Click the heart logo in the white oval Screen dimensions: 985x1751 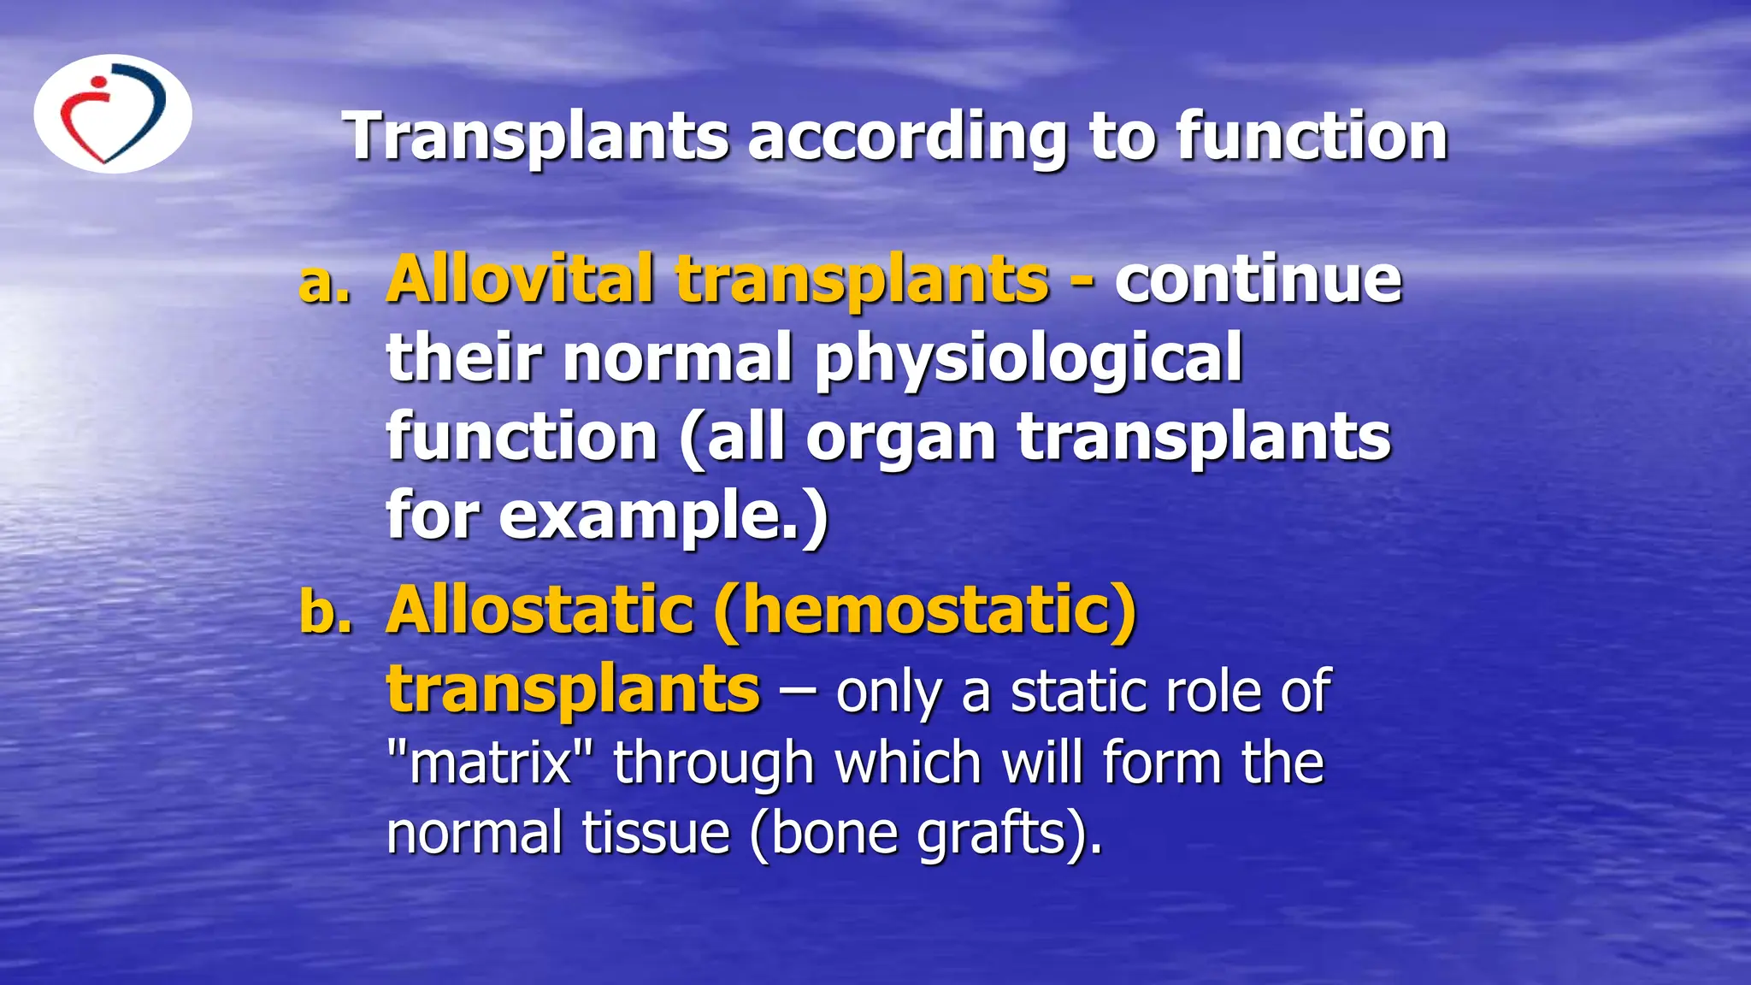(x=113, y=115)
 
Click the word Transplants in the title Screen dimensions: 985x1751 (x=537, y=136)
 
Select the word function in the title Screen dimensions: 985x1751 (x=1312, y=136)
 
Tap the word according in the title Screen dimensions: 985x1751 (x=908, y=138)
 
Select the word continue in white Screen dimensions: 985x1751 (x=1258, y=280)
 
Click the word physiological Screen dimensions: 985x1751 (x=1028, y=359)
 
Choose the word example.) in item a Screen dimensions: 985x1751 (x=663, y=517)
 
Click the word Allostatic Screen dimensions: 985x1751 (x=539, y=610)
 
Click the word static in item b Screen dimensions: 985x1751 (x=1073, y=692)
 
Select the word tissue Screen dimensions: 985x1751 (x=656, y=834)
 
